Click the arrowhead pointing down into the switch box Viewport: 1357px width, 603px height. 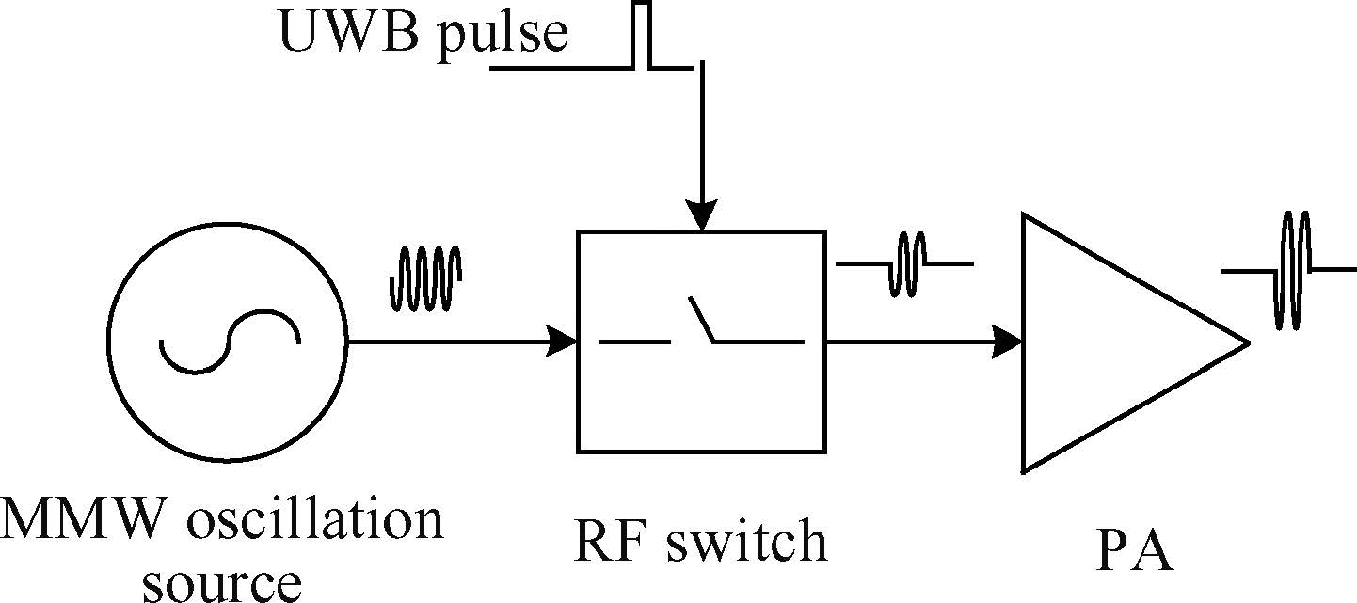point(701,216)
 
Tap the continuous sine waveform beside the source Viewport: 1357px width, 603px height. point(425,278)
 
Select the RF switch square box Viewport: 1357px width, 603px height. point(701,414)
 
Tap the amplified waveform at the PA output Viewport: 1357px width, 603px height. point(1293,270)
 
